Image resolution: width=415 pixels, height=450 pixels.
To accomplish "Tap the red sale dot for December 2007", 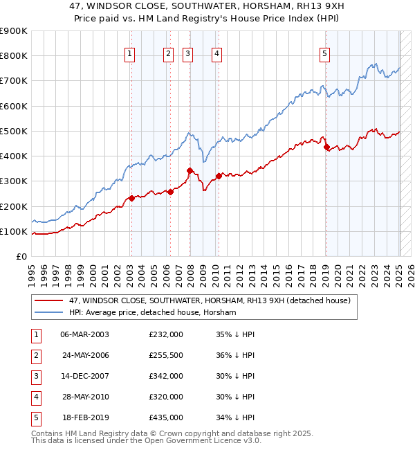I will (x=190, y=170).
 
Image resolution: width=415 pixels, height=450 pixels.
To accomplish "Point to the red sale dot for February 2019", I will (x=326, y=147).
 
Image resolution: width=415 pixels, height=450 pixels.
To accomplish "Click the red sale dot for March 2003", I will (x=131, y=198).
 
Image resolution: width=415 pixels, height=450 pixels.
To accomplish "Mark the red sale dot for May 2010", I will (x=219, y=176).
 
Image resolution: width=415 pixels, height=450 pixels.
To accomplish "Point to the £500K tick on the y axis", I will (x=14, y=131).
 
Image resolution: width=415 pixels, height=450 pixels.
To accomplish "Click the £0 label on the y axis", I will (x=21, y=256).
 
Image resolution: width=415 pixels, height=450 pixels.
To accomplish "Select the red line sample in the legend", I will (x=48, y=301).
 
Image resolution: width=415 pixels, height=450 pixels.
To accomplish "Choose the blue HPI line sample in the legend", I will (x=48, y=313).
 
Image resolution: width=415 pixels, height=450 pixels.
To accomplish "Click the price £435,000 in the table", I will (x=166, y=417).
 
